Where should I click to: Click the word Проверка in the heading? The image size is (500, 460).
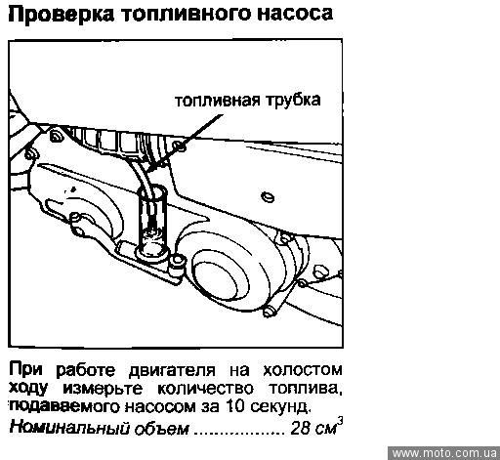(x=61, y=15)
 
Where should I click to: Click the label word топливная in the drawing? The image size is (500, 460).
(x=218, y=101)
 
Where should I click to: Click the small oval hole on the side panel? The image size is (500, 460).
(x=268, y=196)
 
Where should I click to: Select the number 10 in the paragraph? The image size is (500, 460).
(x=234, y=406)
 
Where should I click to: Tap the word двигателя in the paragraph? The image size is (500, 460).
(x=172, y=371)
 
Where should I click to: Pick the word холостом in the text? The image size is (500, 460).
(x=303, y=370)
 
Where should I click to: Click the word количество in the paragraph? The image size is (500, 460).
(x=205, y=389)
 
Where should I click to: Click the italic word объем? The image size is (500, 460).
(x=161, y=428)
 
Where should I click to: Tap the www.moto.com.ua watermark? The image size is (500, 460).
(x=444, y=453)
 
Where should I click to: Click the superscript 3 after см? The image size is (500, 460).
(x=340, y=421)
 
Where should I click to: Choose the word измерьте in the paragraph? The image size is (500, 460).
(x=103, y=389)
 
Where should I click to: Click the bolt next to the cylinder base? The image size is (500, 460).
(x=178, y=261)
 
